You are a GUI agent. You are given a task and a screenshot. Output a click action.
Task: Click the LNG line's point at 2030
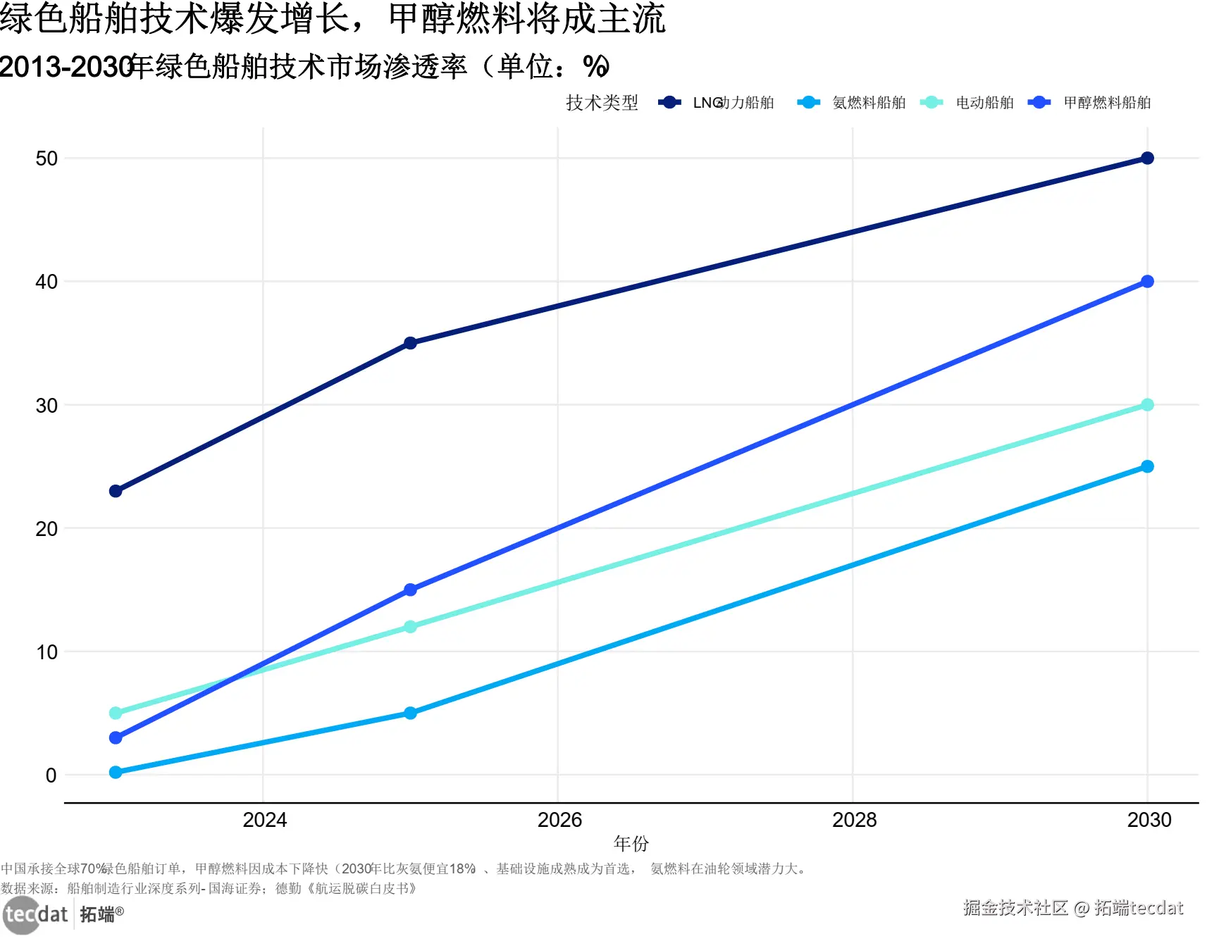tap(1147, 158)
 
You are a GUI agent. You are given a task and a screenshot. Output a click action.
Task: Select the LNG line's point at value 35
tap(410, 343)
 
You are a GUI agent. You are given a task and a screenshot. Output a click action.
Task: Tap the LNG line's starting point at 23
tap(116, 491)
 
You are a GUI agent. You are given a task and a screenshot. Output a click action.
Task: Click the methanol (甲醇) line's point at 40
tap(1147, 282)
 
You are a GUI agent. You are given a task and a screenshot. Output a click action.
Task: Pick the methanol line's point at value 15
tap(410, 590)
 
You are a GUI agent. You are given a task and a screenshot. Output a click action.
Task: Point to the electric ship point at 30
tap(1147, 405)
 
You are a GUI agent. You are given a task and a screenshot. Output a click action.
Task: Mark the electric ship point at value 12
tap(410, 627)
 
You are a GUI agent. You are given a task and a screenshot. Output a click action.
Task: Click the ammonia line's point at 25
tap(1147, 466)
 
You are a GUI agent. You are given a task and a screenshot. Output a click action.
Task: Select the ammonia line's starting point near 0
tap(116, 772)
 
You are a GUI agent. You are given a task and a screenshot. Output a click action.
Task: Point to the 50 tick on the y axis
tap(47, 158)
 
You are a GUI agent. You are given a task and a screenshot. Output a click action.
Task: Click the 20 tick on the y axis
tap(47, 529)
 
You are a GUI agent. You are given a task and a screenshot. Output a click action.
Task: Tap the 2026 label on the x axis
tap(559, 820)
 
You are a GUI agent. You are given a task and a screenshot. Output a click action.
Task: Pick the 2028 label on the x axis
tap(854, 820)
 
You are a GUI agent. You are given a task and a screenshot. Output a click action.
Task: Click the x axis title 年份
tap(631, 843)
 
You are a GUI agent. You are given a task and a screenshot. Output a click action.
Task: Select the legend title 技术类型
tap(602, 103)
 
